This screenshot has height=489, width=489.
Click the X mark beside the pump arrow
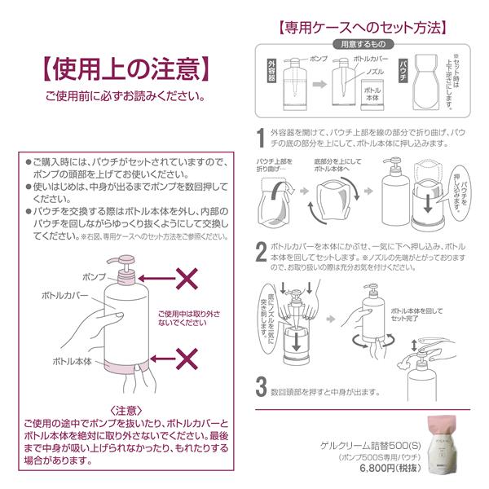(188, 280)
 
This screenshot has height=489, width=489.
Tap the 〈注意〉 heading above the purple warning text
(126, 410)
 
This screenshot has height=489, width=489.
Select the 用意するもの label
(366, 44)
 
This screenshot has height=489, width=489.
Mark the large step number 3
(261, 384)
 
